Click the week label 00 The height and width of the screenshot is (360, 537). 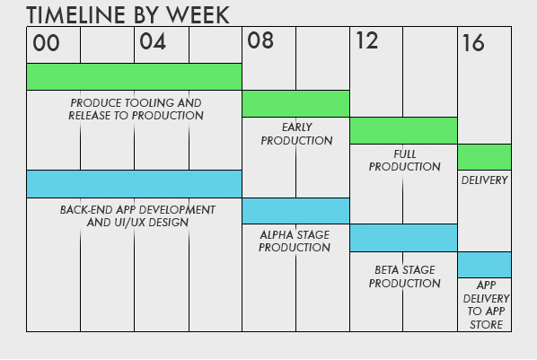coord(46,43)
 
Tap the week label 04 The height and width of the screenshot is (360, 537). coord(153,42)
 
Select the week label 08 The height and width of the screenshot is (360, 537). coord(260,40)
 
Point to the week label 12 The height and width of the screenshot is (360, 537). coord(366,40)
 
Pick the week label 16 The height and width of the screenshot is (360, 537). coord(473,43)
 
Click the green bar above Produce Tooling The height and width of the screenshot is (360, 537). coord(135,76)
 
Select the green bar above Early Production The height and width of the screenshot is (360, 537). coord(296,103)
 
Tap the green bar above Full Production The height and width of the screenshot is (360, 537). coord(403,130)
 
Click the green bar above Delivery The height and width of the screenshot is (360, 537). coord(484,157)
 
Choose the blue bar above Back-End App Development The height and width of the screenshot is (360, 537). coord(135,184)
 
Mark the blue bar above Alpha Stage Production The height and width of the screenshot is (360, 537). coord(296,211)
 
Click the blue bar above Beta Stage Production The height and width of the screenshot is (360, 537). coord(403,238)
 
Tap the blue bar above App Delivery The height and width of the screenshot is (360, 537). coord(484,265)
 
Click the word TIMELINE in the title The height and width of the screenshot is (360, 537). coord(75,15)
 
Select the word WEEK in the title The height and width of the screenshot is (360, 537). coord(198,15)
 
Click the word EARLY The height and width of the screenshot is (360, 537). coord(297,127)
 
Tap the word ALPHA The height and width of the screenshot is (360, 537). coord(273,234)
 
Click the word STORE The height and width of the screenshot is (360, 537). coord(487,324)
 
